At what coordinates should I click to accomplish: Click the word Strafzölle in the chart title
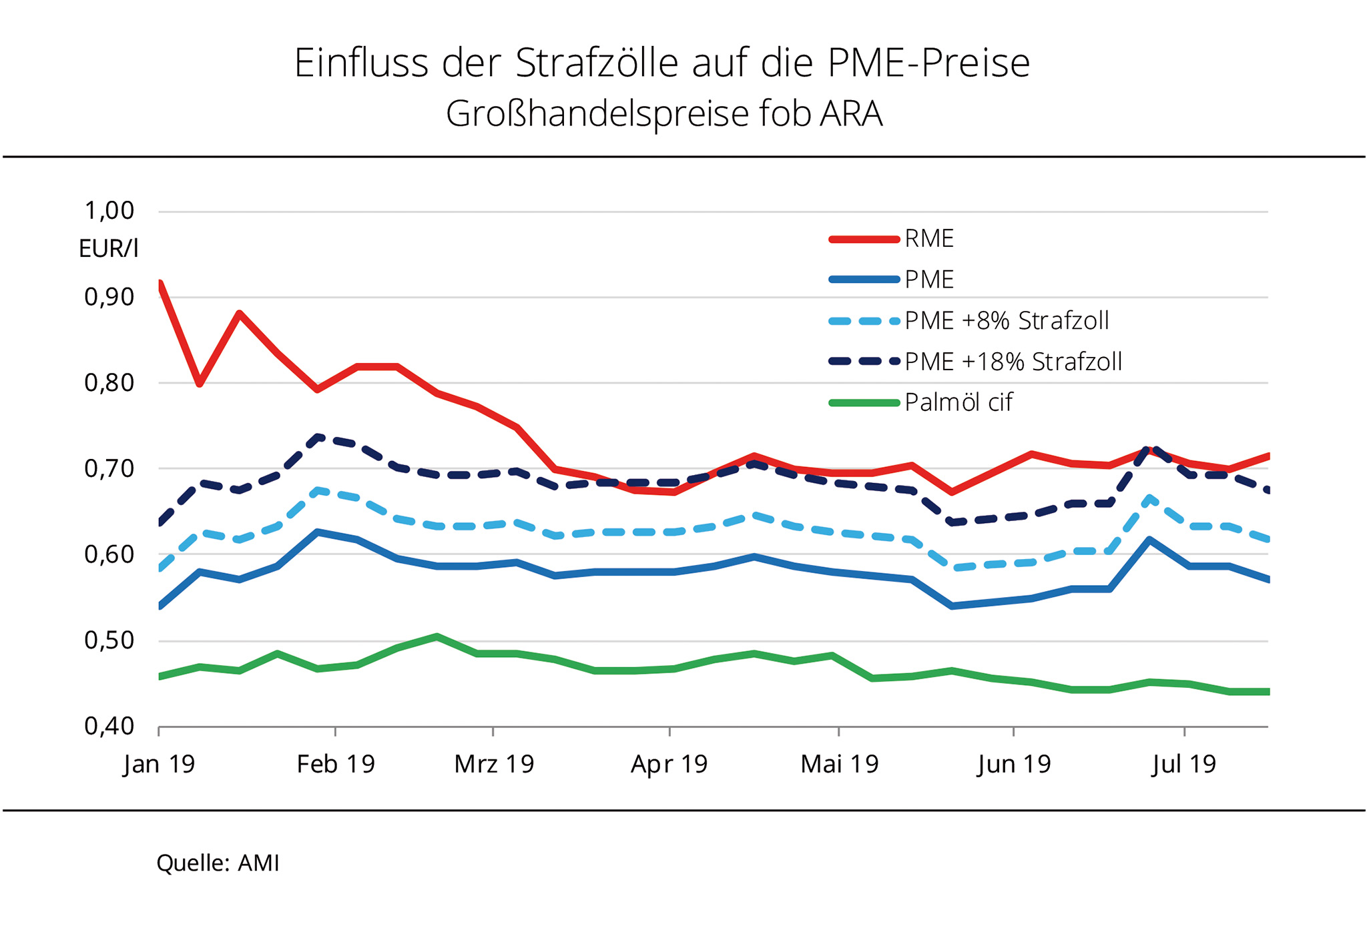[597, 63]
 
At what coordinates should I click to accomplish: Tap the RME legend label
[929, 239]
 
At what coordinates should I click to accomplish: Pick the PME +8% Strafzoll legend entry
[1007, 321]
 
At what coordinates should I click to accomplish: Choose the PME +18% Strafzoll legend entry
[1013, 362]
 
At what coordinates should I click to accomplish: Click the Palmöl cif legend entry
[959, 402]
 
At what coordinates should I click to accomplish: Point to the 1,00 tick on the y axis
[109, 211]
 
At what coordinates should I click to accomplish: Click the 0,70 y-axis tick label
[109, 469]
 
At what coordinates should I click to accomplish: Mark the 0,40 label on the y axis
[109, 726]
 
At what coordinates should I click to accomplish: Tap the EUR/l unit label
[108, 249]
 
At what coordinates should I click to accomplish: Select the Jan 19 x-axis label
[159, 764]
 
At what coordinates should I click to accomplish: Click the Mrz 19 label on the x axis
[494, 764]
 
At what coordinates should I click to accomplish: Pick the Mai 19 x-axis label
[840, 764]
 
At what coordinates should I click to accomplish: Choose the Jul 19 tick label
[1184, 764]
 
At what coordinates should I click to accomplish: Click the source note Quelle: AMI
[218, 863]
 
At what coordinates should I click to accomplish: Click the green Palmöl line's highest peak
[437, 636]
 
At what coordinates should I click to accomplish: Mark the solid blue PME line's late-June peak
[1149, 539]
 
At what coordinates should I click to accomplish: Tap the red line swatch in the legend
[864, 239]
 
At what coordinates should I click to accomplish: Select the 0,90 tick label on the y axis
[109, 297]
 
